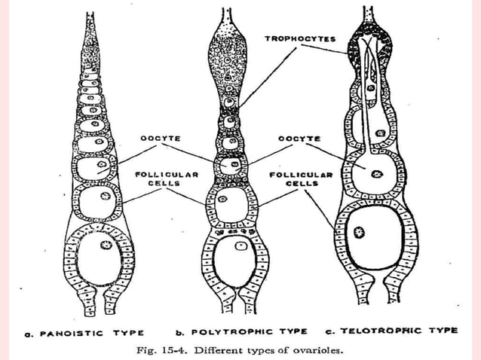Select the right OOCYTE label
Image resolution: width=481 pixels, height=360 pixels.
[x=299, y=139]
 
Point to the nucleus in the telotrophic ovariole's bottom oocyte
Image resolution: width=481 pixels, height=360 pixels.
[x=360, y=233]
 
